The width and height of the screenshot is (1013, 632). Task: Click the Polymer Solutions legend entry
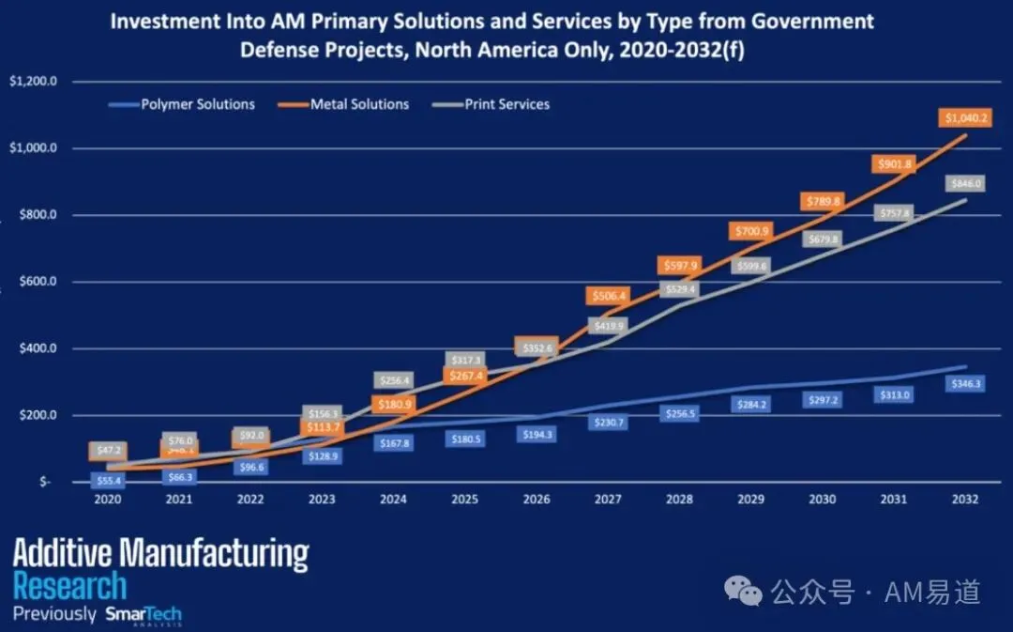(198, 104)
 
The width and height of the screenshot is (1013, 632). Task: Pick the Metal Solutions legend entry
(359, 104)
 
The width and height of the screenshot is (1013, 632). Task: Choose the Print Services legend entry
(506, 104)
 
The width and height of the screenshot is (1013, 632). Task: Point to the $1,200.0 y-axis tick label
(34, 82)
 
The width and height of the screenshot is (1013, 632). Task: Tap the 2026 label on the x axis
(537, 500)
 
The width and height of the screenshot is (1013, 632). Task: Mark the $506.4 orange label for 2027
(608, 296)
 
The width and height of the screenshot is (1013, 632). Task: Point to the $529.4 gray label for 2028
(679, 289)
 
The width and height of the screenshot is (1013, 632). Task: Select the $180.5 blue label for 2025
(466, 439)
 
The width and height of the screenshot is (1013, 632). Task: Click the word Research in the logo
(69, 587)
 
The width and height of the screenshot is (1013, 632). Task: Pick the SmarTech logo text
(143, 615)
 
